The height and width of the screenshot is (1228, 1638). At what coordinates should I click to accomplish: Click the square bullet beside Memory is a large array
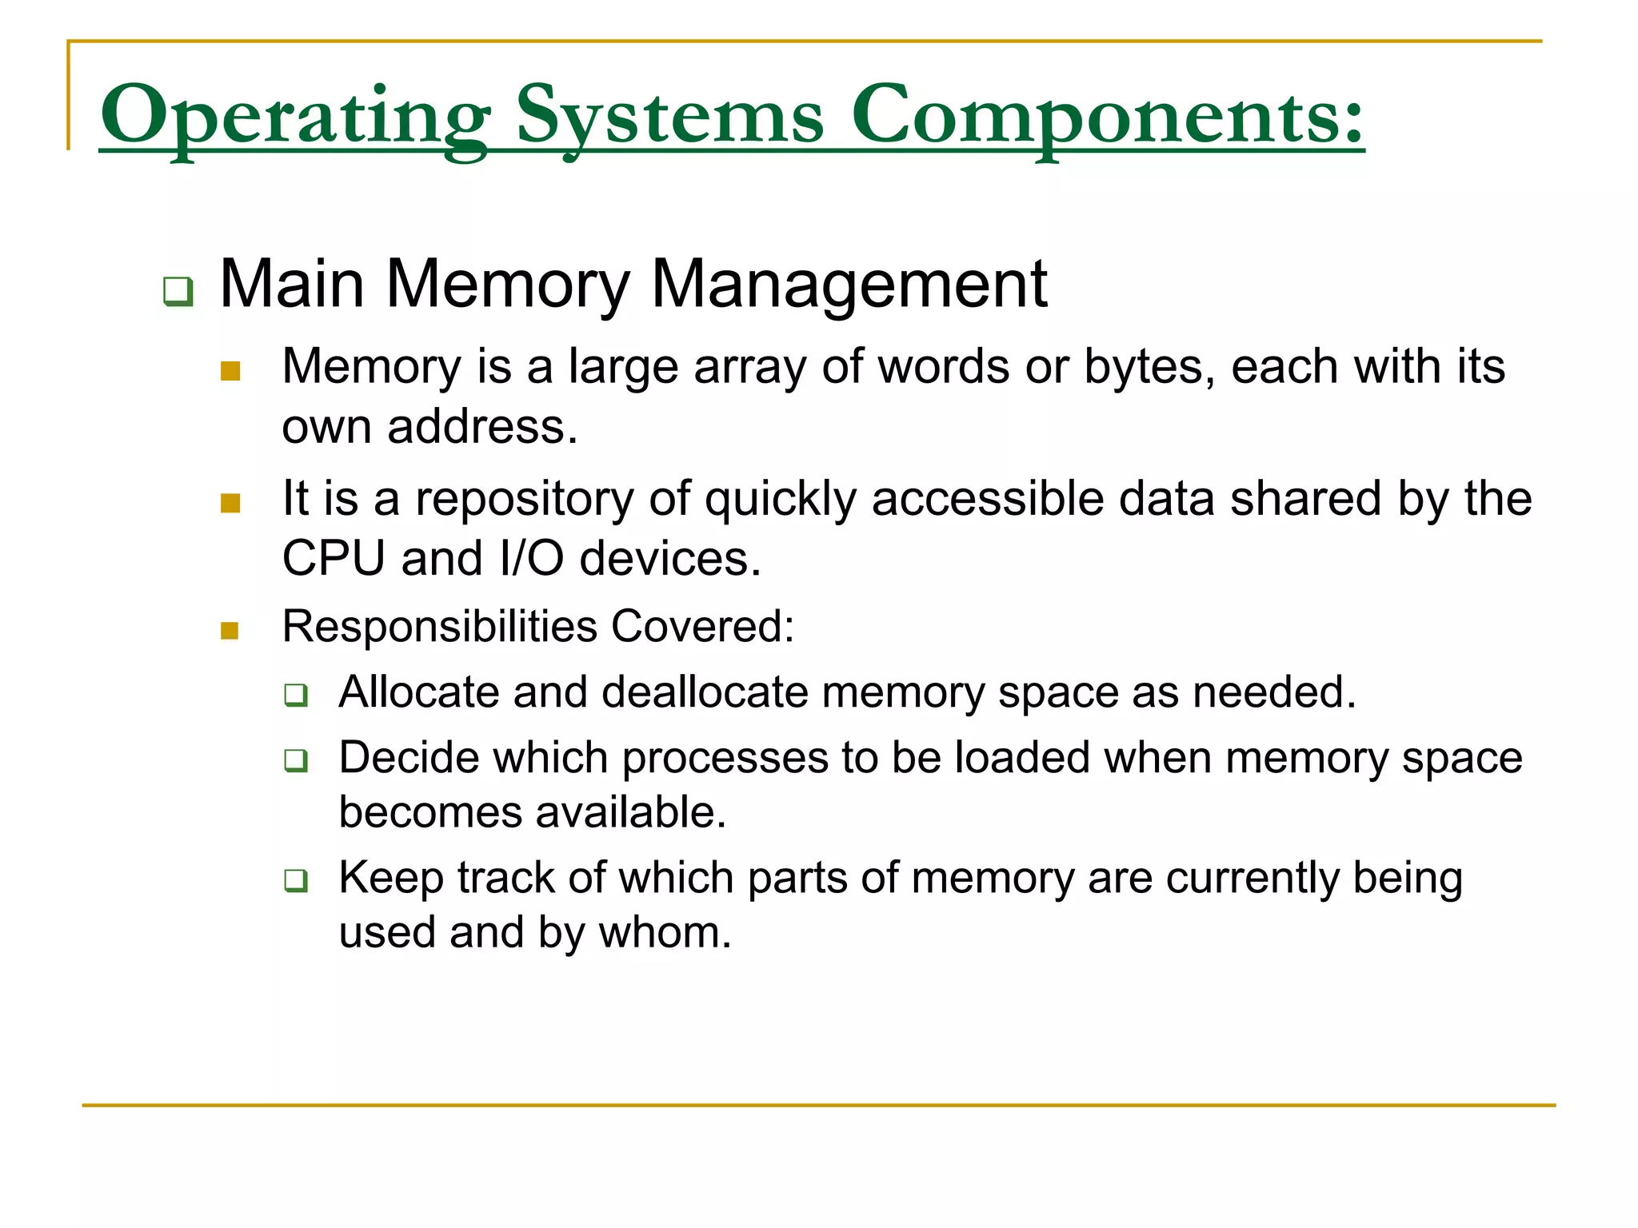(x=230, y=371)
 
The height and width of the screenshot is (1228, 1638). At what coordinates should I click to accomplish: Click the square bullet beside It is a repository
(x=230, y=503)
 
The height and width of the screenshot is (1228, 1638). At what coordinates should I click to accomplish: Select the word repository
(x=525, y=500)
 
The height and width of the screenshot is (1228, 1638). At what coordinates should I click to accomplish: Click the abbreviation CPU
(x=334, y=558)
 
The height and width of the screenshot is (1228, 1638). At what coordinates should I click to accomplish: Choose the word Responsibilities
(x=440, y=626)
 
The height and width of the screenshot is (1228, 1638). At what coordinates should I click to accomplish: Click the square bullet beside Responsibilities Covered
(x=230, y=631)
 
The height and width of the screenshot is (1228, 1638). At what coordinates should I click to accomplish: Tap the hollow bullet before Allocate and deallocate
(x=296, y=695)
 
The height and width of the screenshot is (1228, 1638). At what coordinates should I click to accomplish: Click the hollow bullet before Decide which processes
(x=296, y=760)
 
